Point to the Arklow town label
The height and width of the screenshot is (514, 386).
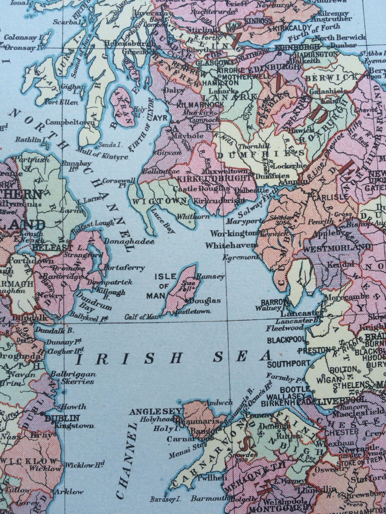coord(72,492)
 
